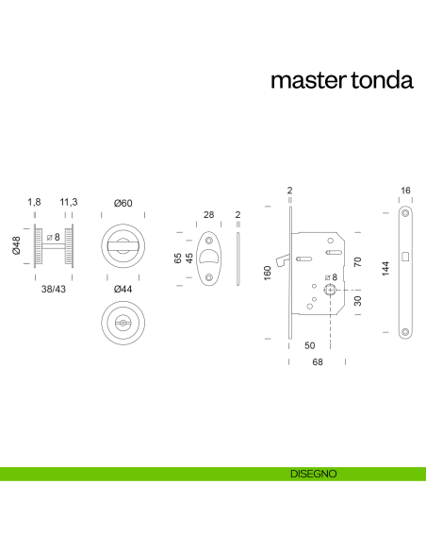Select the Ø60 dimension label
point(123,203)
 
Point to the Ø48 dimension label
point(15,246)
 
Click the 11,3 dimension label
point(69,203)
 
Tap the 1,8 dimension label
point(34,203)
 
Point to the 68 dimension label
point(319,362)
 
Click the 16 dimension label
point(405,191)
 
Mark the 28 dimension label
point(209,215)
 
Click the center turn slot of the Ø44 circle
point(123,325)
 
